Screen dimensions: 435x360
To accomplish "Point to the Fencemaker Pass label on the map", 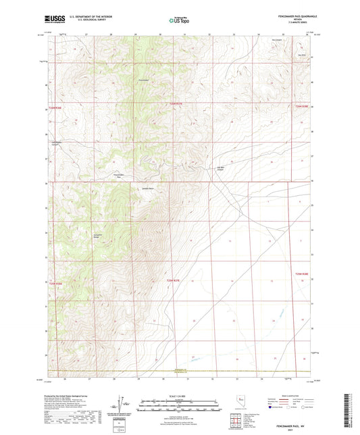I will coord(119,174).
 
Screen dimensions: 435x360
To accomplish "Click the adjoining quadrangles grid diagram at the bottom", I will coord(240,423).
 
